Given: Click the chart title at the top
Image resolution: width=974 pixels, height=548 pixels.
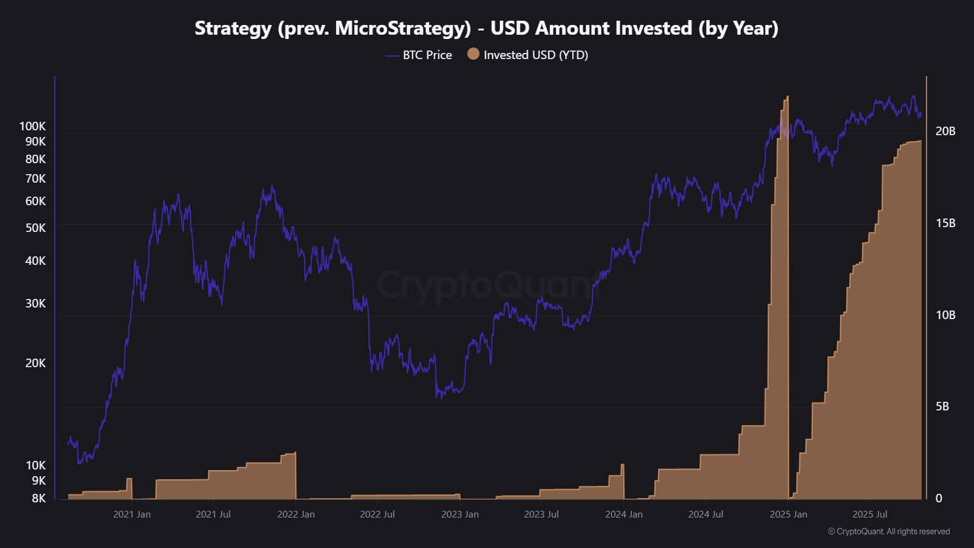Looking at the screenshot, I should (x=486, y=28).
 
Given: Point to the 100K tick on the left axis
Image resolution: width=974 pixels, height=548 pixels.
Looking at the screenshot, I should (x=33, y=126).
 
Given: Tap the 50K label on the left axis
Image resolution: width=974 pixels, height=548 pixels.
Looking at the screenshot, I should (x=35, y=228).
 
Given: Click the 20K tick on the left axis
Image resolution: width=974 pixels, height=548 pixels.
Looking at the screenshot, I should (x=35, y=363).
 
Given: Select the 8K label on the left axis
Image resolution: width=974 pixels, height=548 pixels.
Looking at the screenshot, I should (x=38, y=498).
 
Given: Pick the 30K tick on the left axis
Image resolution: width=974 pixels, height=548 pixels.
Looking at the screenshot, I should (x=35, y=303).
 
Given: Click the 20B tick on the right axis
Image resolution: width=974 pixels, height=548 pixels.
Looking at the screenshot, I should (x=945, y=131).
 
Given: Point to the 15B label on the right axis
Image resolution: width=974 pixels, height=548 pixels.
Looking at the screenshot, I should (x=945, y=223).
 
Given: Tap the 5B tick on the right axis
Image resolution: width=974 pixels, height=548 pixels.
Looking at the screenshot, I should (x=942, y=406).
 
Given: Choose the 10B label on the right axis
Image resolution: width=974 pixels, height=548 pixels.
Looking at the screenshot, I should (x=945, y=315).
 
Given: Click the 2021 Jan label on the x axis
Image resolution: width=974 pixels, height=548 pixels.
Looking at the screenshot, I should (x=131, y=514).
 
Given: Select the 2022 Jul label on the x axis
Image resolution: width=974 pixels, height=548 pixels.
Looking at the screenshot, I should (x=377, y=514).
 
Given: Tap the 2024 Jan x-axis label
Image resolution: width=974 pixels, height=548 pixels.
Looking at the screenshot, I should (x=623, y=514).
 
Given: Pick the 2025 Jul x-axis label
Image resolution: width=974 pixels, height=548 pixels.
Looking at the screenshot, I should (x=869, y=514).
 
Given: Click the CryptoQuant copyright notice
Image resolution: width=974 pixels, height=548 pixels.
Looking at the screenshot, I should (x=889, y=532).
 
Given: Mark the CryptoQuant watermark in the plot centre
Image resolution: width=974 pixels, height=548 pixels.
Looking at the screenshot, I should (x=487, y=284).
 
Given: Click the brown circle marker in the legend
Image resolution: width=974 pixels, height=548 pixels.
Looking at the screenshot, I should (x=473, y=54).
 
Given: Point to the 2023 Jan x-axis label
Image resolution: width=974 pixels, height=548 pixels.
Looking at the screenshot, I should (x=460, y=514).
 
